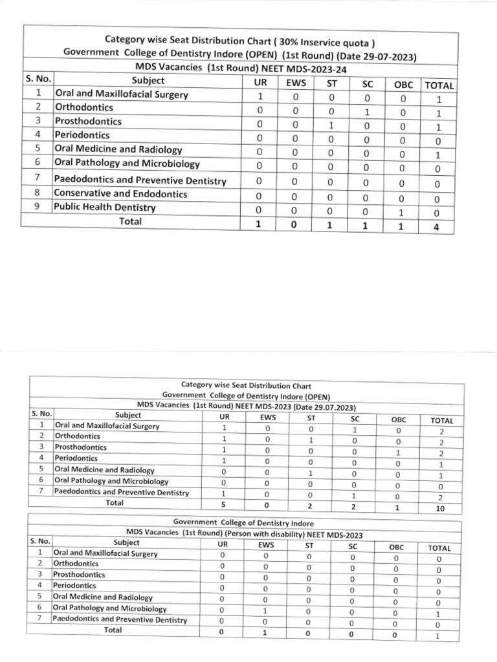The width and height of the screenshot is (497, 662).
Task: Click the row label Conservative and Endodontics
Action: click(120, 193)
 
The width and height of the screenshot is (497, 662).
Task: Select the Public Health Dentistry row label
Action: click(105, 208)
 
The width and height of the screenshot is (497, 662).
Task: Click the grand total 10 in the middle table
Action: click(440, 509)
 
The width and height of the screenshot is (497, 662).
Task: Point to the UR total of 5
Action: click(224, 504)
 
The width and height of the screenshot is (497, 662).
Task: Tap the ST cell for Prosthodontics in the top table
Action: click(329, 125)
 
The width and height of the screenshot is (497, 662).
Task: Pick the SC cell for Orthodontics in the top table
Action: click(366, 112)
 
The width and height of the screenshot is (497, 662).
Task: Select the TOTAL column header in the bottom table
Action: click(439, 548)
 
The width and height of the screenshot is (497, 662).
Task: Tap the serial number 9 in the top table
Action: click(38, 208)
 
